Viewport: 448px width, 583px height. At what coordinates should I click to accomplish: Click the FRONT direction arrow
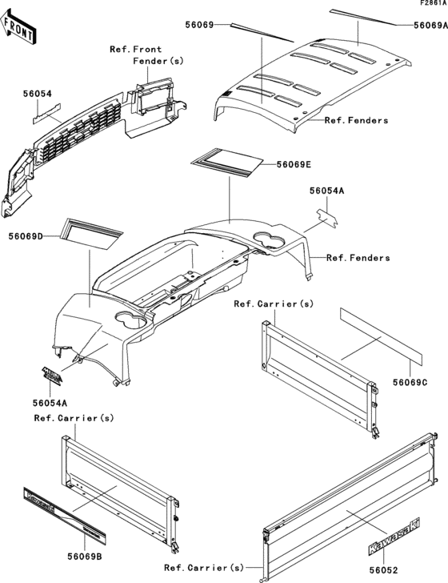coord(18,26)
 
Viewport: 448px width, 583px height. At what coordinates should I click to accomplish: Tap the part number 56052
coord(383,569)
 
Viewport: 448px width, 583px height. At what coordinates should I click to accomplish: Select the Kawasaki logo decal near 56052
coord(394,537)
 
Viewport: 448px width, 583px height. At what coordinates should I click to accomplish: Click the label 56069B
coord(85,557)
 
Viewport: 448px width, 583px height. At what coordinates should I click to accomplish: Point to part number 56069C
coord(410,382)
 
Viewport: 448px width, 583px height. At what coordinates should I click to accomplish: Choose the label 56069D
coord(26,236)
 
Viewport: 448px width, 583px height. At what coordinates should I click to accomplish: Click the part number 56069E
coord(294,164)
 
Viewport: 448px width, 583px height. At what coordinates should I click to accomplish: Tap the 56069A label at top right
coord(431,25)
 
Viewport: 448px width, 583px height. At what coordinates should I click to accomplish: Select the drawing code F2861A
coord(434,3)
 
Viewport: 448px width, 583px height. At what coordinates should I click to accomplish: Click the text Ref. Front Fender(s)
coord(146,55)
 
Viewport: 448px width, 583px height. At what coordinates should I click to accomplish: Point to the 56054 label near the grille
coord(37,94)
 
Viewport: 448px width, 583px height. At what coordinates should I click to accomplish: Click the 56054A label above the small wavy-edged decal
coord(327,191)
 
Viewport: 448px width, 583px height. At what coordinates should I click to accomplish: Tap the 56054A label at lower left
coord(50,403)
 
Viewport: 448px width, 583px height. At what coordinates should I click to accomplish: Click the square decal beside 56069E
coord(227,163)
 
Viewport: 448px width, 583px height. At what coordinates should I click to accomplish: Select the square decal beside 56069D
coord(91,234)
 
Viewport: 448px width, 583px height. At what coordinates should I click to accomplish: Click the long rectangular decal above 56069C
coord(381,336)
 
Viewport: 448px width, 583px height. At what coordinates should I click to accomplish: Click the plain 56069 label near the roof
coord(199,25)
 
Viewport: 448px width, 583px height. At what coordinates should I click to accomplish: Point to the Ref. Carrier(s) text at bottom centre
coord(204,568)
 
